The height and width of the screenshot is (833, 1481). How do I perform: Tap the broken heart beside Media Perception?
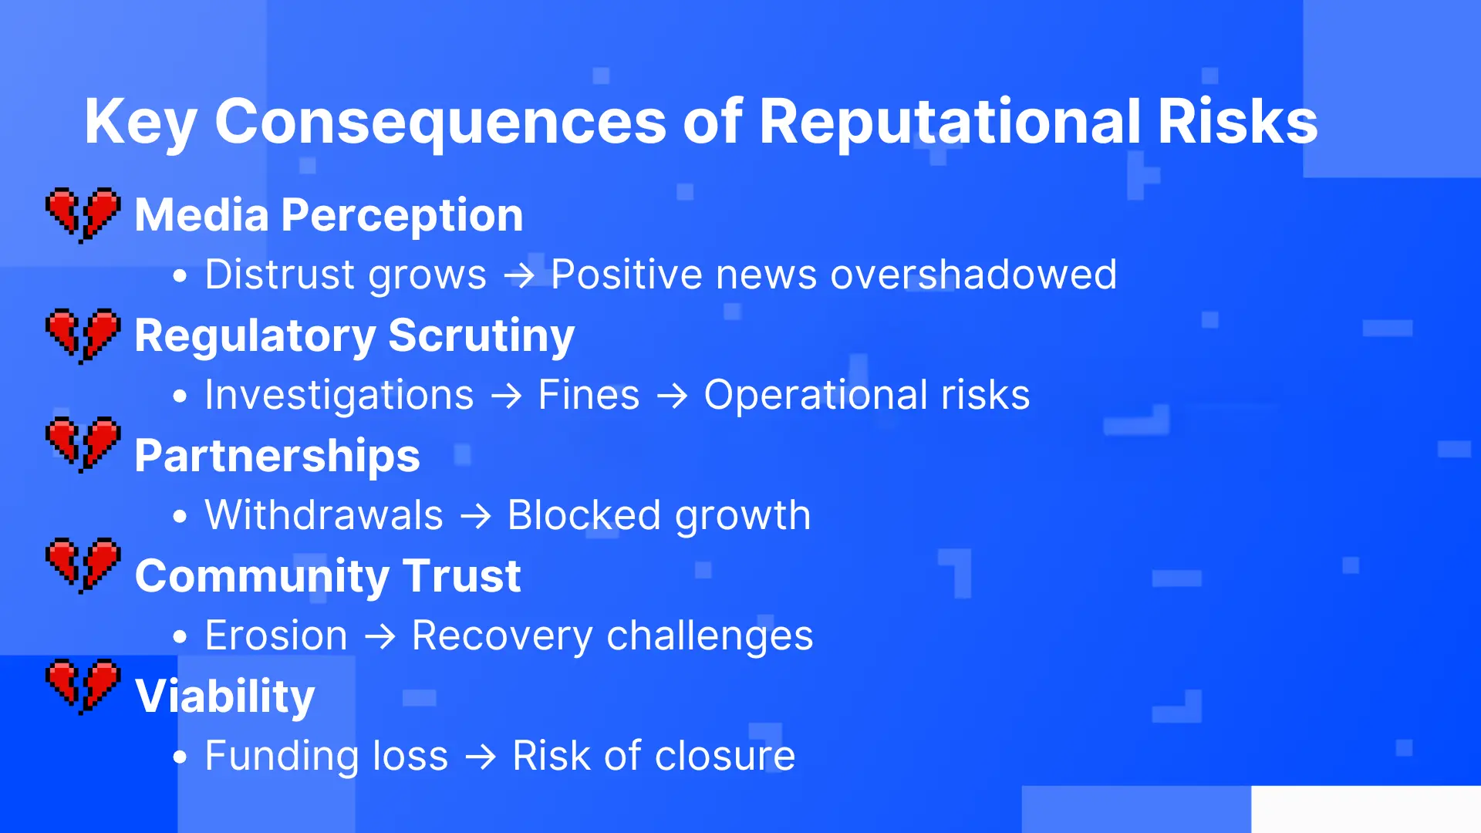pyautogui.click(x=83, y=215)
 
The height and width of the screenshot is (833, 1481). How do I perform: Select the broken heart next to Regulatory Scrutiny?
pyautogui.click(x=83, y=336)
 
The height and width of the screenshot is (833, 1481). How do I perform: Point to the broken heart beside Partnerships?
pyautogui.click(x=83, y=445)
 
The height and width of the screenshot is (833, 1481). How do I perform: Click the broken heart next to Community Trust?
pyautogui.click(x=83, y=565)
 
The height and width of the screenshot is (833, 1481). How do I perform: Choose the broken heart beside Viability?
pyautogui.click(x=83, y=686)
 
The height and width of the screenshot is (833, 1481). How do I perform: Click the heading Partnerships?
pyautogui.click(x=278, y=456)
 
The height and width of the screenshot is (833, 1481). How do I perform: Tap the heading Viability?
pyautogui.click(x=225, y=696)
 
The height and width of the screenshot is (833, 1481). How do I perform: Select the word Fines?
pyautogui.click(x=589, y=395)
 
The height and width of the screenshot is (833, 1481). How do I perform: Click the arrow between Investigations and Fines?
pyautogui.click(x=507, y=396)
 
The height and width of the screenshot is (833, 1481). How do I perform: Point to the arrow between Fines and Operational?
pyautogui.click(x=672, y=396)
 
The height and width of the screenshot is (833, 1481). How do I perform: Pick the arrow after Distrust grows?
pyautogui.click(x=519, y=275)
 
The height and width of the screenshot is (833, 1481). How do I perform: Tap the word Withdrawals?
pyautogui.click(x=324, y=515)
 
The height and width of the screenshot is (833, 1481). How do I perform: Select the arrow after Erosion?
pyautogui.click(x=380, y=637)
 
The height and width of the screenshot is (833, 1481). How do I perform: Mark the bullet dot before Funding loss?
pyautogui.click(x=180, y=757)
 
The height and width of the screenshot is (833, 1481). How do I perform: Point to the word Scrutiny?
pyautogui.click(x=482, y=336)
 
